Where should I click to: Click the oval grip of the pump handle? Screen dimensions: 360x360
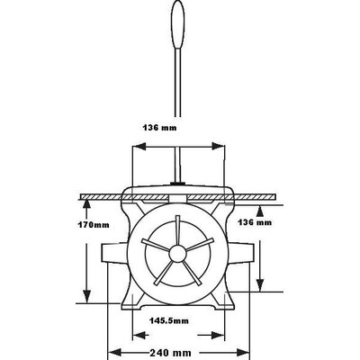click(178, 25)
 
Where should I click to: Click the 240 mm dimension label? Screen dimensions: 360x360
click(170, 352)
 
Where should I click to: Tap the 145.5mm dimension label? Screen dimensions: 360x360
click(169, 320)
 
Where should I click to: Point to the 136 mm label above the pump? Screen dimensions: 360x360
click(159, 128)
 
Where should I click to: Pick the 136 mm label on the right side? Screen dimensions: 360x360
click(255, 222)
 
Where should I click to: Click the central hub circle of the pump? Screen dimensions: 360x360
click(177, 254)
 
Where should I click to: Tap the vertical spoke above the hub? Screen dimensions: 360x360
click(178, 230)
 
